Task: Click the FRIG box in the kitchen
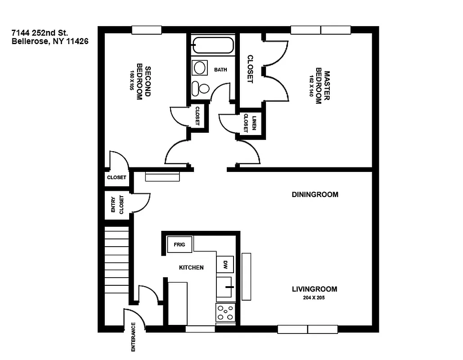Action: (x=179, y=245)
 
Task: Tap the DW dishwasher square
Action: (x=225, y=264)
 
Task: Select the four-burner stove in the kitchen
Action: (x=225, y=312)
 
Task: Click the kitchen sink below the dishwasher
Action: (x=225, y=288)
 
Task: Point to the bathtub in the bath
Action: (x=213, y=45)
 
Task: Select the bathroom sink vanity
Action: (x=200, y=68)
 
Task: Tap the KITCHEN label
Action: (x=191, y=267)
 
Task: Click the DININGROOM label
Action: (x=315, y=195)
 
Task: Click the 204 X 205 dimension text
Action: (x=315, y=297)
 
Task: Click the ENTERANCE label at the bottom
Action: (x=133, y=337)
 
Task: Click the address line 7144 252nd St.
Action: (x=40, y=33)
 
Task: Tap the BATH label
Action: (x=220, y=70)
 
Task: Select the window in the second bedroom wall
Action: (x=147, y=30)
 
